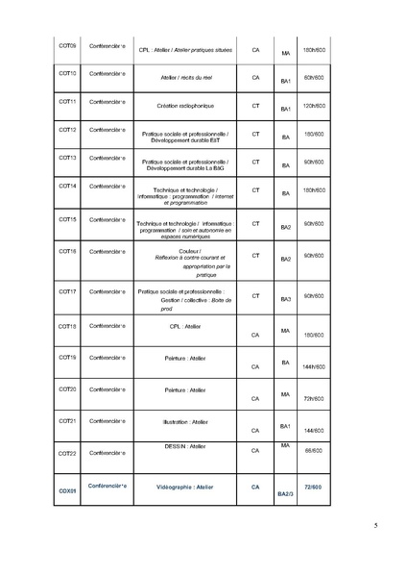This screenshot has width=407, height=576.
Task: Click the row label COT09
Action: [x=67, y=45]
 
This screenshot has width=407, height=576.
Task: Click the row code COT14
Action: [x=67, y=189]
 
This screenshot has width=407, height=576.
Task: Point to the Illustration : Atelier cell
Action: [x=184, y=421]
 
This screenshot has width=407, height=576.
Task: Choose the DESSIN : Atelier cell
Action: [x=185, y=446]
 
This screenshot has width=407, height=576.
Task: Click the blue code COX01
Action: [x=67, y=490]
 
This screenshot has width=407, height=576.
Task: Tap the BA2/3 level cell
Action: [x=285, y=494]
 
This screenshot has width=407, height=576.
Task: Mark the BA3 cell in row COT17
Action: [x=285, y=299]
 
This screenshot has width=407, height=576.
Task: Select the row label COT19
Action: [x=67, y=358]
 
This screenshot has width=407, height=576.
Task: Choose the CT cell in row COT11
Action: [x=255, y=103]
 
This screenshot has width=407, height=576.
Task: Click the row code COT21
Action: [x=67, y=420]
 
